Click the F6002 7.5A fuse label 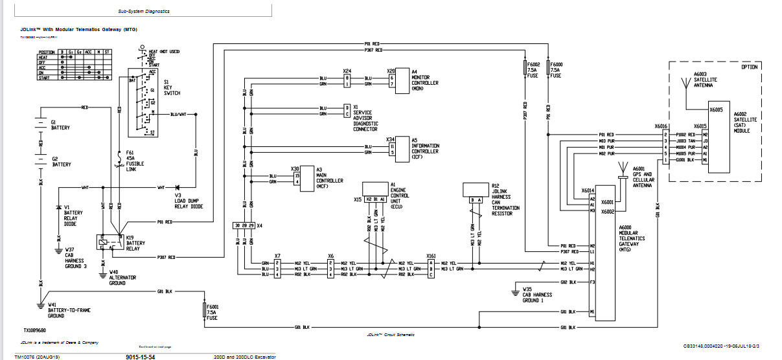pos(533,70)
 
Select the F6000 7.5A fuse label pos(556,70)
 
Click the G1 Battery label pos(60,125)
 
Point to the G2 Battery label pos(60,162)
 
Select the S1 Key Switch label pos(171,89)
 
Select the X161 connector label pos(431,256)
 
